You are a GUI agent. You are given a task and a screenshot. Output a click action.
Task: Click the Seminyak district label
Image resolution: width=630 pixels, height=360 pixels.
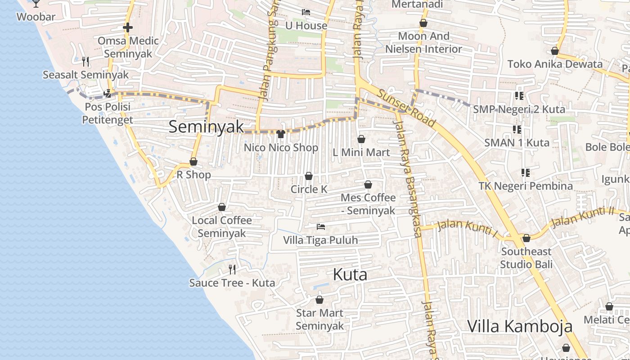coord(206,126)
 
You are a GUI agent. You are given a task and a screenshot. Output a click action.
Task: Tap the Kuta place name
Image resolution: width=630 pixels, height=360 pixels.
coord(350,274)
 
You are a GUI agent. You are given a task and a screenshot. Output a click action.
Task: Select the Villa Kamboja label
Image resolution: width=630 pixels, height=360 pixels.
coord(520,326)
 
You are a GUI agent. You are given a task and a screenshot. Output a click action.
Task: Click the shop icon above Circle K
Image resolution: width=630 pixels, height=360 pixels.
coord(309,176)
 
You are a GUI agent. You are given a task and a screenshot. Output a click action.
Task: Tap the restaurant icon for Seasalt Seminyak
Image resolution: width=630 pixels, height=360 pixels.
coord(85,61)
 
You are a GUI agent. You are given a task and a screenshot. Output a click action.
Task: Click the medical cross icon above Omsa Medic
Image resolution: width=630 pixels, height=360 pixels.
coord(128,28)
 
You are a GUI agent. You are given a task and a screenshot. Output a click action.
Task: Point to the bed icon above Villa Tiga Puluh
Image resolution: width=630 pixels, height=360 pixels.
coord(320,226)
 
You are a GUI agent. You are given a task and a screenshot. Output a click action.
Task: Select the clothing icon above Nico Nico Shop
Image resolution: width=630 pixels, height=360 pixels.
coord(281,134)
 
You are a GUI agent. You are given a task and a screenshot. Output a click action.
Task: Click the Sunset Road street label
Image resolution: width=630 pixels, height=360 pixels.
coord(406,108)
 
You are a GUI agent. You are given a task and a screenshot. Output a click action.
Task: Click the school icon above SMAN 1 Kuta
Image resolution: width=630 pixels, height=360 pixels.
coord(517,130)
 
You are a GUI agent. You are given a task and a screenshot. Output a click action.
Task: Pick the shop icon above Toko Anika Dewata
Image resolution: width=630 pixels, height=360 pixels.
coord(555,51)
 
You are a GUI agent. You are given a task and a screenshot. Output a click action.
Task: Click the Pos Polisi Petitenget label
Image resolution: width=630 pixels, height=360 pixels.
coord(108,113)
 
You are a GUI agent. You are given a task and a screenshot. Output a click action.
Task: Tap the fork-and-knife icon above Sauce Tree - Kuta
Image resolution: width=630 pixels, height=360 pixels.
coord(232,270)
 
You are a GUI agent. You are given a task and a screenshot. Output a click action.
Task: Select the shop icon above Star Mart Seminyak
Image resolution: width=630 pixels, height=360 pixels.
coord(319,300)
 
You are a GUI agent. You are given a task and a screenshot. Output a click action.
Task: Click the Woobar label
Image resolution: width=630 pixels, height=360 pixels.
coord(36,17)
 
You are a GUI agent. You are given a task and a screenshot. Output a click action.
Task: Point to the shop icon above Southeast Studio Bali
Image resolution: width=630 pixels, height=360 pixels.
coord(526,238)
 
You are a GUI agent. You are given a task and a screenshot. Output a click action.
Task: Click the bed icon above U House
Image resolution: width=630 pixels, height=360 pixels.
coord(306,12)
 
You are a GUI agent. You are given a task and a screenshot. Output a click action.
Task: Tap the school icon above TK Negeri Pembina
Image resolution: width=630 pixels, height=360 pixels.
coord(525,173)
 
